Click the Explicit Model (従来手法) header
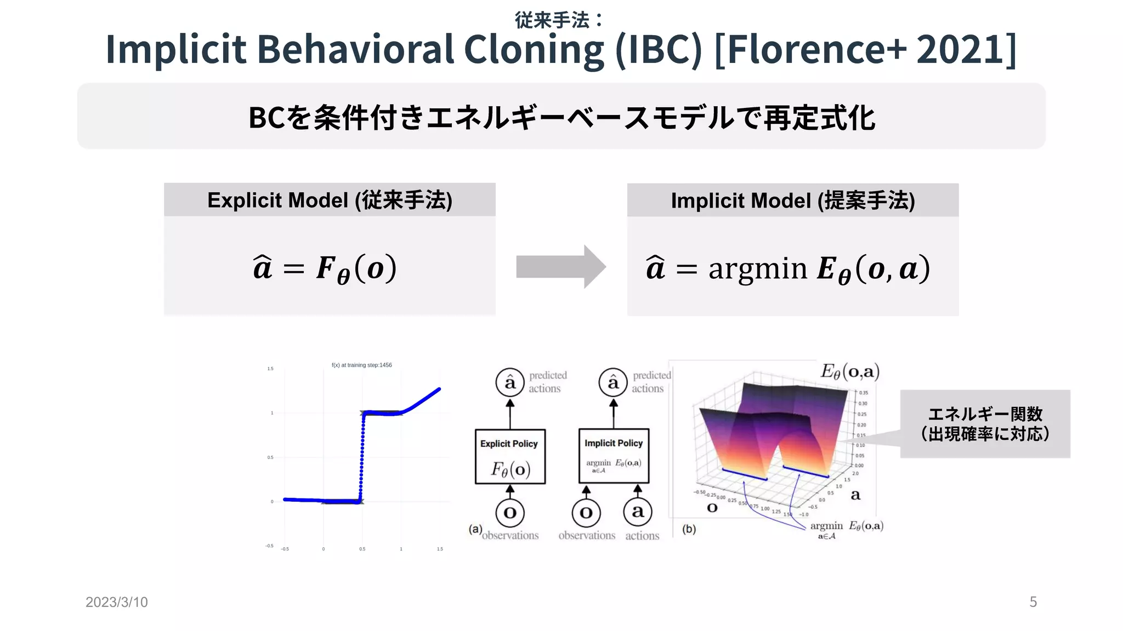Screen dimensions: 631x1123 point(330,200)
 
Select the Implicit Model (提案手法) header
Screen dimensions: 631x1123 point(792,200)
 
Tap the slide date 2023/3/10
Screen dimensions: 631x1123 point(117,602)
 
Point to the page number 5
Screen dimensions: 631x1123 point(1033,602)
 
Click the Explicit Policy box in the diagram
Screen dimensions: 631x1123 point(510,456)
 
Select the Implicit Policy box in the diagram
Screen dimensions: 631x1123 point(614,456)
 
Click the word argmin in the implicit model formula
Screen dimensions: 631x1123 point(757,268)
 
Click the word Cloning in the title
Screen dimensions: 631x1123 point(534,49)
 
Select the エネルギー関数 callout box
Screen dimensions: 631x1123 point(985,424)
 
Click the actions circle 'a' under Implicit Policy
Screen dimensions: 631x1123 point(638,512)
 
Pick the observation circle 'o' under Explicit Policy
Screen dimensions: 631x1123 point(510,513)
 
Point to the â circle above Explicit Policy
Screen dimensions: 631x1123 point(510,382)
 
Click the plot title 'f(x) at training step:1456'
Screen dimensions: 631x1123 point(362,365)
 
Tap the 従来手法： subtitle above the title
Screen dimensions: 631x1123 point(559,20)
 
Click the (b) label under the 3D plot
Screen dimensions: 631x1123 point(689,529)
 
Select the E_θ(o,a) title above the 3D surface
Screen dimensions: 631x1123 point(850,372)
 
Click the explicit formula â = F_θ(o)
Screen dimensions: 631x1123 point(325,268)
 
